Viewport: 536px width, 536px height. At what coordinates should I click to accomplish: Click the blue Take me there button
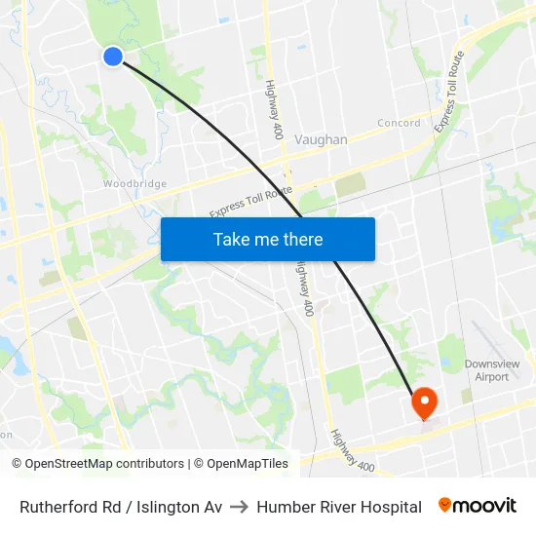click(267, 239)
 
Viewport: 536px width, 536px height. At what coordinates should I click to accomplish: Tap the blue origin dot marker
click(113, 57)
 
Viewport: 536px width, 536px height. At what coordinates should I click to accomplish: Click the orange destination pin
click(426, 402)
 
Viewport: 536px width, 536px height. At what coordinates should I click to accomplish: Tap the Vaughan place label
click(321, 139)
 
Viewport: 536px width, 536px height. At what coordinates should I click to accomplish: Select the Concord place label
click(399, 123)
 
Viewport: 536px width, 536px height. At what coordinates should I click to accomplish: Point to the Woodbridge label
click(134, 183)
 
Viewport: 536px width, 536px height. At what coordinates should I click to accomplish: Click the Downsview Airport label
click(492, 370)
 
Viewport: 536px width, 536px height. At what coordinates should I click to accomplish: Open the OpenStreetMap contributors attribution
click(104, 464)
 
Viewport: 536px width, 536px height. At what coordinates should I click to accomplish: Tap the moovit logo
click(478, 506)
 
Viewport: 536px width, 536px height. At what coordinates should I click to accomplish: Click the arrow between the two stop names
click(240, 507)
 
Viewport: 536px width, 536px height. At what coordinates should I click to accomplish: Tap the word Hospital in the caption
click(390, 507)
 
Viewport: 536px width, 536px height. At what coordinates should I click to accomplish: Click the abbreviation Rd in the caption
click(120, 507)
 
